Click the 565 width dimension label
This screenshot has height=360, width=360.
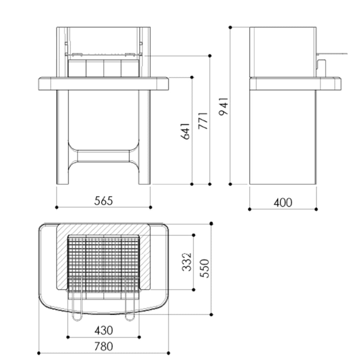pyautogui.click(x=104, y=201)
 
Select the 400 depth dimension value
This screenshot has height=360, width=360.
pyautogui.click(x=283, y=202)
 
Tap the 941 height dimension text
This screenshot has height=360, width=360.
pyautogui.click(x=224, y=106)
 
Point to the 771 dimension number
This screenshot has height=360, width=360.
pyautogui.click(x=204, y=121)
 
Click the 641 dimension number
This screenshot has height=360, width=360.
pyautogui.click(x=186, y=131)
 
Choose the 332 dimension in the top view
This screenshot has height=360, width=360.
pyautogui.click(x=187, y=262)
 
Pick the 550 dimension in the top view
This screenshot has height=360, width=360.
pyautogui.click(x=205, y=268)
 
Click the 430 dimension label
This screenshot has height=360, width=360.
pyautogui.click(x=104, y=330)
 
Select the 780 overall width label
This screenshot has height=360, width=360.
pyautogui.click(x=104, y=346)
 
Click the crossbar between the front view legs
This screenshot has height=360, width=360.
pyautogui.click(x=104, y=156)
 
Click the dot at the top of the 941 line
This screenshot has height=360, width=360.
pyautogui.click(x=230, y=27)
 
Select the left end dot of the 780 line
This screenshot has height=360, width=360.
pyautogui.click(x=38, y=353)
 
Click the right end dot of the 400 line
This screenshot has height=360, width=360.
pyautogui.click(x=316, y=209)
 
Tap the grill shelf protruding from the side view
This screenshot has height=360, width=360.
pyautogui.click(x=332, y=54)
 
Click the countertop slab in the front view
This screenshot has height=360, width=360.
pyautogui.click(x=104, y=83)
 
